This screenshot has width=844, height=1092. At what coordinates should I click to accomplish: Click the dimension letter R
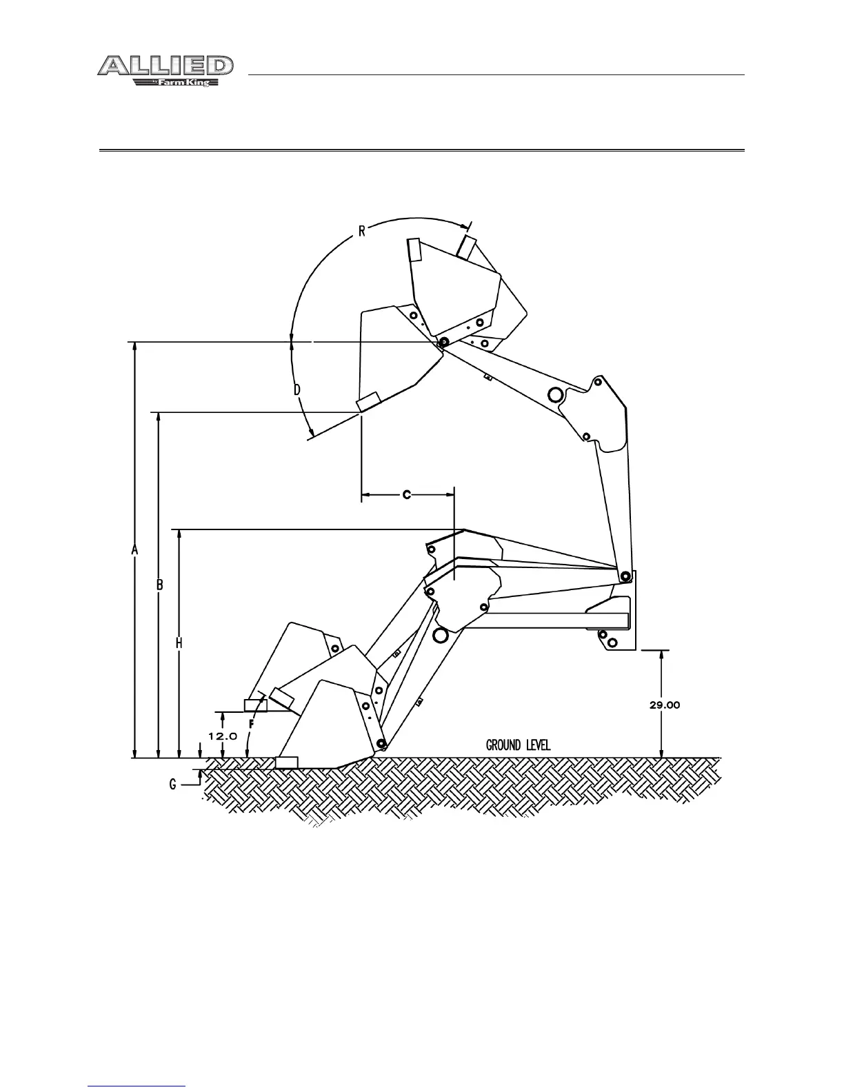tap(361, 230)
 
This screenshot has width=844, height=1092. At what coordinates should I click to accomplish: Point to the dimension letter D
tap(297, 390)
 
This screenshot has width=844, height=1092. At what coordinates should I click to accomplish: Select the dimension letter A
tap(135, 549)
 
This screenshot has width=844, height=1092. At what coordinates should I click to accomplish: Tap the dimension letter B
tap(159, 585)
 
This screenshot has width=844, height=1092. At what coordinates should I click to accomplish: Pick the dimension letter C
tap(407, 494)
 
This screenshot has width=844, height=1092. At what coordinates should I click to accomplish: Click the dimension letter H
tap(179, 643)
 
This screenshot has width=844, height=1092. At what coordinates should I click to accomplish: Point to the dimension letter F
tap(252, 725)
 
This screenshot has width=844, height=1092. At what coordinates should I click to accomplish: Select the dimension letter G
tap(173, 784)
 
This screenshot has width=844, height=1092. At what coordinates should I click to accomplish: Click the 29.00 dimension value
tap(665, 705)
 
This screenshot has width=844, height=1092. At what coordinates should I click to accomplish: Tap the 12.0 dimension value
tap(223, 736)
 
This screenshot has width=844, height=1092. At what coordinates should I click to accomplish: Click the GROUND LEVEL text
tap(519, 745)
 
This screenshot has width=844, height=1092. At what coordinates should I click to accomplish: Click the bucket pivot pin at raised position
tap(443, 342)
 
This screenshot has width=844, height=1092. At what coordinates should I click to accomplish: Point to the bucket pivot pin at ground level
tap(381, 744)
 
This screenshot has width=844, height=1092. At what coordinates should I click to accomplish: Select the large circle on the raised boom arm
tap(554, 394)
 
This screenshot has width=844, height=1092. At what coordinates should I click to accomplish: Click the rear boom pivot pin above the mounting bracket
tap(625, 576)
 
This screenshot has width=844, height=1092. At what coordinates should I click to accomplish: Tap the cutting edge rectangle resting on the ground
tap(286, 762)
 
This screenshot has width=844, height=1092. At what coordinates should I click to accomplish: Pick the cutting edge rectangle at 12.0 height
tap(256, 705)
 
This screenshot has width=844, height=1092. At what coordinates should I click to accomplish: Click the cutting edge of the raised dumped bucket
tap(368, 401)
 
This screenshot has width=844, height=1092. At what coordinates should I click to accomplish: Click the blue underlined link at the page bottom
tap(137, 1086)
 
